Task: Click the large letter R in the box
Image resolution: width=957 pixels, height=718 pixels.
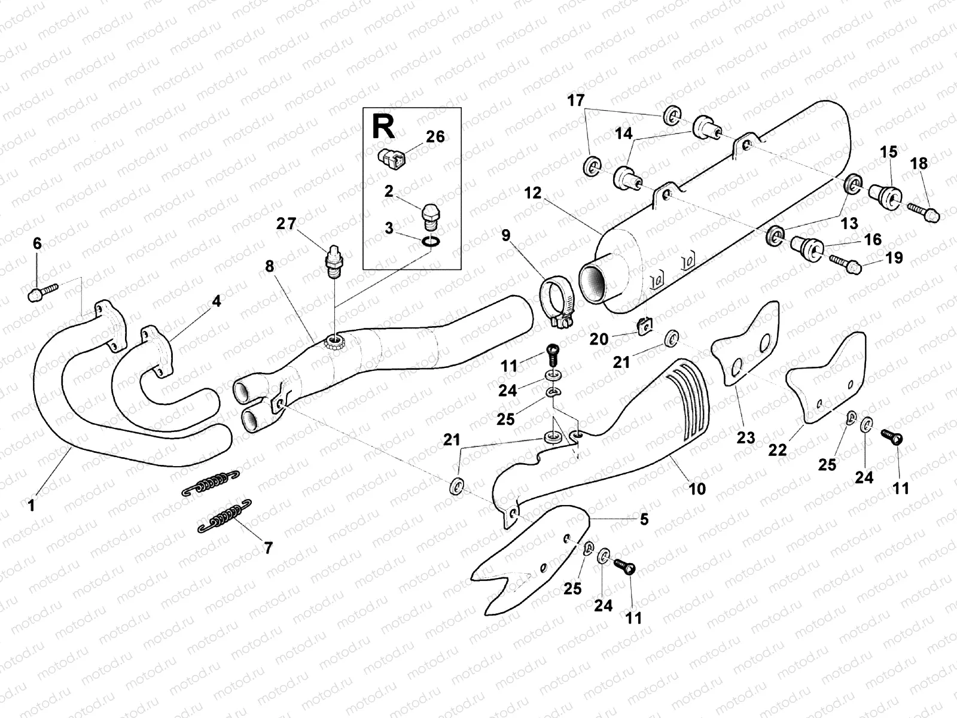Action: tap(383, 127)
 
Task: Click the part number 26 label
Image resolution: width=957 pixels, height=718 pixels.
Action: tap(435, 137)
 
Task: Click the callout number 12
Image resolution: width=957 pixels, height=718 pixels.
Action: tap(532, 193)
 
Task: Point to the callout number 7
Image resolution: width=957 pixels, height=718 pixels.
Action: tap(268, 547)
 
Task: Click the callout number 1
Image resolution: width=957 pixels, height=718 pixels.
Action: tap(31, 506)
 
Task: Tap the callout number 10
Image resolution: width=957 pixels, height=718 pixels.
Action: tap(697, 489)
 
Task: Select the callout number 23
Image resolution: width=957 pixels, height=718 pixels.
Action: tap(746, 438)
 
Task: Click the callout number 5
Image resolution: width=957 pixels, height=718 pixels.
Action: tap(644, 519)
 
